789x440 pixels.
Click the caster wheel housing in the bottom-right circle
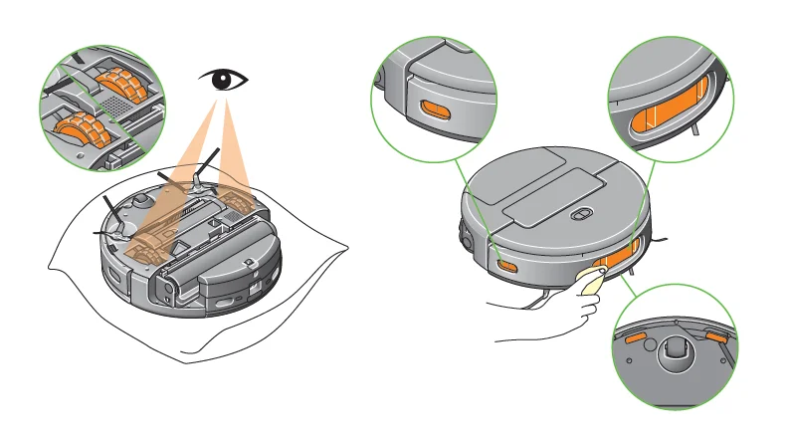[x=675, y=350]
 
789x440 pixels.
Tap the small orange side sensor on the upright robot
[x=507, y=266]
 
